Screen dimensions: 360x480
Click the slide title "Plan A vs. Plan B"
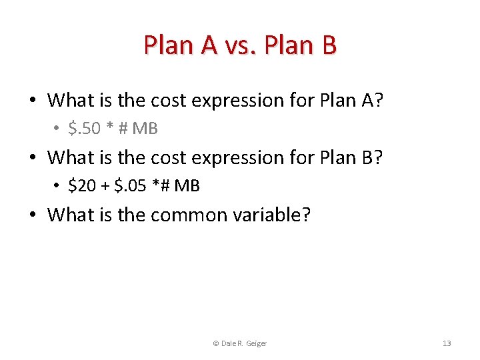tap(240, 45)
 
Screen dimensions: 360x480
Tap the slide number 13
tap(447, 343)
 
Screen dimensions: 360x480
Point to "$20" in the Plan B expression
tap(82, 186)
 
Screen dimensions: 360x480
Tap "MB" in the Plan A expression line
tap(145, 129)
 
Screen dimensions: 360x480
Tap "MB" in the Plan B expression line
tap(187, 186)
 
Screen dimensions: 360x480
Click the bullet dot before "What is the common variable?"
tap(33, 215)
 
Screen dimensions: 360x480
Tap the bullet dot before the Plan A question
tap(33, 101)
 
